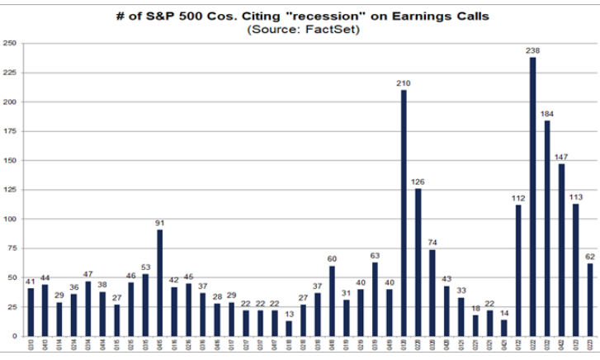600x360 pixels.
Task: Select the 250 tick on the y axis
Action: point(10,44)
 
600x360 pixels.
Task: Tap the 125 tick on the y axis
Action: point(10,191)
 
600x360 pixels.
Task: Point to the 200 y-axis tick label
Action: point(10,102)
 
